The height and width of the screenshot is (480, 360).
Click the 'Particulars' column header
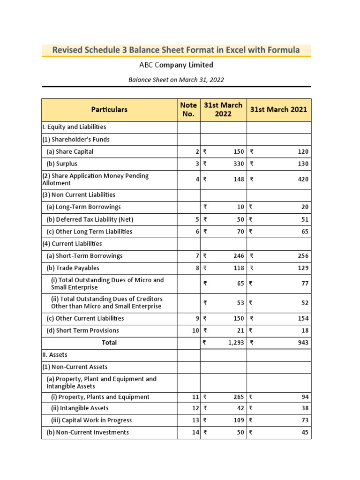(x=109, y=109)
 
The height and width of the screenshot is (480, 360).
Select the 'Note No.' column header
(x=188, y=109)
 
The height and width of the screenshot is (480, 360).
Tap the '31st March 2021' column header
(x=279, y=109)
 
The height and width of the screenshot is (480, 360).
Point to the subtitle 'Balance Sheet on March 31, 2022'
(x=176, y=80)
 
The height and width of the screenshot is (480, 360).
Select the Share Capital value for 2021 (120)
(x=303, y=151)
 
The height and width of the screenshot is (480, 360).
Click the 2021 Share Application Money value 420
(x=303, y=179)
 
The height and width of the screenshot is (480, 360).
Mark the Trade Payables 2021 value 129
(x=303, y=268)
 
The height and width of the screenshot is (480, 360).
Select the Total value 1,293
(x=235, y=343)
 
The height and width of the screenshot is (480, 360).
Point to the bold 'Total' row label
(x=109, y=343)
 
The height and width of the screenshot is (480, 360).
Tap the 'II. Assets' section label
(x=55, y=355)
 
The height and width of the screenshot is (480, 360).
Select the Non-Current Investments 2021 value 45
(x=305, y=432)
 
